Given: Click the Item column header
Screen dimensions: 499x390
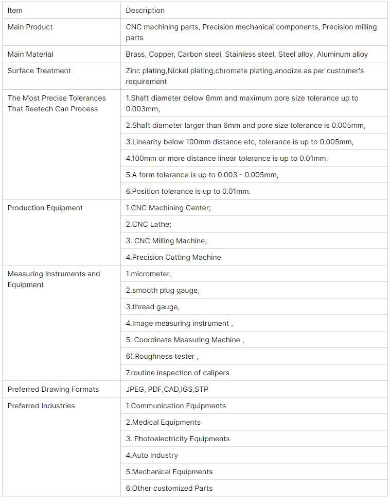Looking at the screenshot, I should point(15,10).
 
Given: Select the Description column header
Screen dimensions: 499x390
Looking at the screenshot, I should point(145,10).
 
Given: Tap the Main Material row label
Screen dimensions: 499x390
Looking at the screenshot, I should point(30,54).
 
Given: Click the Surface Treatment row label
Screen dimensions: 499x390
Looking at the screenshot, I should point(39,71).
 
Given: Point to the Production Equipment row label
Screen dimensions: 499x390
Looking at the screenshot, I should point(45,208).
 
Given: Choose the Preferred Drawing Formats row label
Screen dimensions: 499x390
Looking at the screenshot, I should point(53,389).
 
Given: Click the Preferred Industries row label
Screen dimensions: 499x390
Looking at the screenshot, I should point(41,406).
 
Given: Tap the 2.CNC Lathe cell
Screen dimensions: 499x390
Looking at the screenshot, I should point(149,224).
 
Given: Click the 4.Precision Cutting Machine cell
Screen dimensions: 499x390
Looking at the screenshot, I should point(173,257).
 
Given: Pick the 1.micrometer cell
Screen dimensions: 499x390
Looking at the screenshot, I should point(148,274).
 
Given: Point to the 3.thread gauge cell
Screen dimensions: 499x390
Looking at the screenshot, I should point(153,307).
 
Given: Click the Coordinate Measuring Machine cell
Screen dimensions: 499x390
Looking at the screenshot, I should point(185,340).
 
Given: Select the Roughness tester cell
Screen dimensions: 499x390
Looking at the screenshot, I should point(162,356).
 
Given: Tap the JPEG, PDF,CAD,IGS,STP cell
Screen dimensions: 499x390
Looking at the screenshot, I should point(167,389).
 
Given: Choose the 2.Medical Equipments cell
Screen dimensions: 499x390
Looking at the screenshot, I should point(163,422).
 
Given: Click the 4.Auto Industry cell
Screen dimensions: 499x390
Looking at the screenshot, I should point(152,455).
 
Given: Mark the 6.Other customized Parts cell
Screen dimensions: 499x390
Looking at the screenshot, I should point(169,488).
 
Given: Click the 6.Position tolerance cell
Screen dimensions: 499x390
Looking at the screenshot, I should point(188,191).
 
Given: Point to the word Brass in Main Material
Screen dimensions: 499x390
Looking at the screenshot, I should point(135,54).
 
